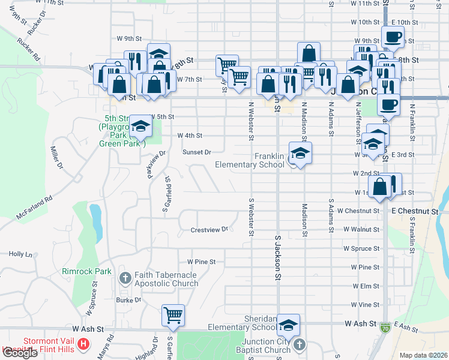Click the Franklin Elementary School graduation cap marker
[300, 153]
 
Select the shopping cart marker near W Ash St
[173, 314]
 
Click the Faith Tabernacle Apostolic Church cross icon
[125, 278]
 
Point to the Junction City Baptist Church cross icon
[300, 346]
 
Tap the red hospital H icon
[84, 346]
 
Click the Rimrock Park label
[86, 271]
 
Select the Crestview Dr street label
[209, 229]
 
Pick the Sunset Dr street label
[197, 152]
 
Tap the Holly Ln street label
[20, 254]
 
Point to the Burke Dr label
[128, 299]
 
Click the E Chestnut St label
[411, 211]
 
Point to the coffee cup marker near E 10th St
[393, 37]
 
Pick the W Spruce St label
[361, 248]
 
